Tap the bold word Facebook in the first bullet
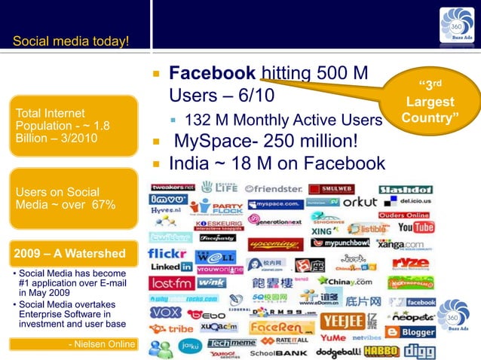pyautogui.click(x=213, y=74)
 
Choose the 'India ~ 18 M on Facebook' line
pyautogui.click(x=277, y=163)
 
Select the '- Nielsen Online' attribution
pyautogui.click(x=103, y=344)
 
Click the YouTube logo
pyautogui.click(x=415, y=227)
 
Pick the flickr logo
pyautogui.click(x=167, y=253)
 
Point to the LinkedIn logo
pyautogui.click(x=170, y=267)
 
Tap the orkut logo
pyautogui.click(x=359, y=203)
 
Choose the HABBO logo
pyautogui.click(x=379, y=350)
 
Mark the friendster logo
pyautogui.click(x=274, y=188)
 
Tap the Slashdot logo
pyautogui.click(x=406, y=189)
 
